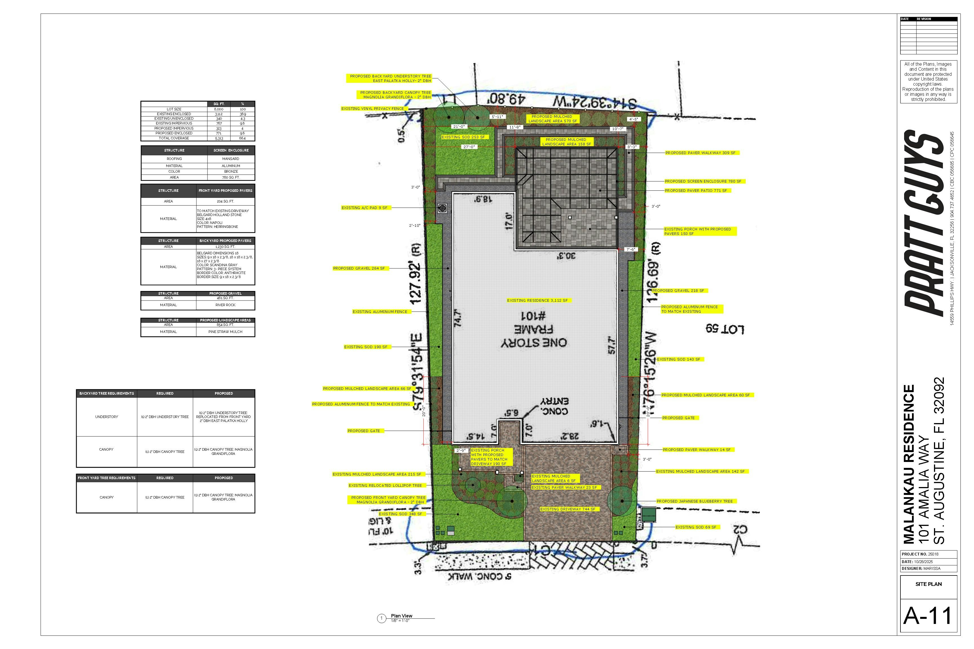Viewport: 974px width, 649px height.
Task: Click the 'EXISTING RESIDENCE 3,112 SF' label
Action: (537, 301)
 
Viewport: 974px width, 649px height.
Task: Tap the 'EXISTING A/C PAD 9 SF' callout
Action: (364, 208)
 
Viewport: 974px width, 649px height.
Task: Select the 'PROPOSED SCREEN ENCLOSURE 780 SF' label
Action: (703, 181)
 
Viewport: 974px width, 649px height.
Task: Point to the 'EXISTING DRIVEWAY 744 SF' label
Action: (567, 509)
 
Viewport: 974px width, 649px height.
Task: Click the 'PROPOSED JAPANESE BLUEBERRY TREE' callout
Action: (694, 501)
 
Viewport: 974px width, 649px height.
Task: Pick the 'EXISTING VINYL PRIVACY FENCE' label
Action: (372, 108)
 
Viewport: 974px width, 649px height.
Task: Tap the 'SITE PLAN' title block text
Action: (928, 584)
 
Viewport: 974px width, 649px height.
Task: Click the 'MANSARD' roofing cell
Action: (231, 159)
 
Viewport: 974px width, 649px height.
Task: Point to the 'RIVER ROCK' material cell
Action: (225, 305)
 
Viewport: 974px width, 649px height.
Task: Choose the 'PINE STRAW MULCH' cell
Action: (225, 332)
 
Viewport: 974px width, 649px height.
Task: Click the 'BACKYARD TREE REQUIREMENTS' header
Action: (107, 394)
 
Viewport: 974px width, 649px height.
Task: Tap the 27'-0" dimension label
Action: (469, 147)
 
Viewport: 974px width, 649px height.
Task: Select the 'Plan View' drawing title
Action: (401, 616)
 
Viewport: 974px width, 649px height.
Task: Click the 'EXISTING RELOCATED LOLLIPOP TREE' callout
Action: (385, 486)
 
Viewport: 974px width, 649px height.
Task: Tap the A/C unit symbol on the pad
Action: (442, 208)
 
